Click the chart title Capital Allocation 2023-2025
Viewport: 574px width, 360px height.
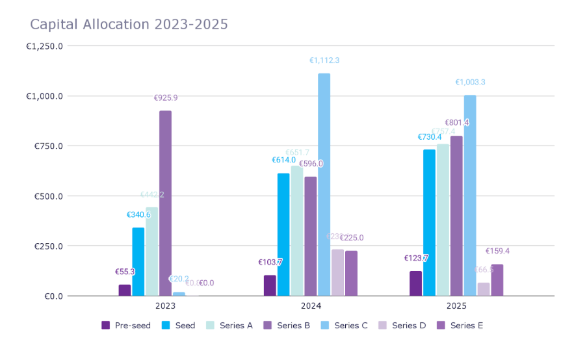[129, 25]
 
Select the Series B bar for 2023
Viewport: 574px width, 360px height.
[166, 203]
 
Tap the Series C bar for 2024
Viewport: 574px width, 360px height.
[324, 185]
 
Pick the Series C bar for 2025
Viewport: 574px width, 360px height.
[470, 196]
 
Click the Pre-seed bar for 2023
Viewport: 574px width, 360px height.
[125, 290]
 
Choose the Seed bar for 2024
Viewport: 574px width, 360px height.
[283, 235]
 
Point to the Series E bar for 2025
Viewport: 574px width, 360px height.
[497, 280]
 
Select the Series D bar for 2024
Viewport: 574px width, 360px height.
[337, 273]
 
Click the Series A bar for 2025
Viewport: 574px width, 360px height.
[443, 220]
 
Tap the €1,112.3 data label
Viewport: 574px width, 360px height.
[324, 60]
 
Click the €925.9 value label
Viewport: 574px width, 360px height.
[166, 98]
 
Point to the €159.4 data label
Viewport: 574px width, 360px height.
[497, 251]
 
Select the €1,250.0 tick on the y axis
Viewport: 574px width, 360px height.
[45, 46]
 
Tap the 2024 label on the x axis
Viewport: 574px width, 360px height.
[311, 305]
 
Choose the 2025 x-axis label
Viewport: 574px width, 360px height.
[456, 305]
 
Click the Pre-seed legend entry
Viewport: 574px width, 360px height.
[126, 326]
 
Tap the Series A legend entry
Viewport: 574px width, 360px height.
[229, 326]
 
